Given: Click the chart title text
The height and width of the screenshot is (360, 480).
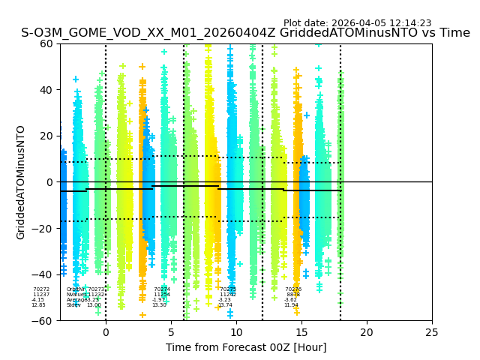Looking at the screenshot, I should click(x=245, y=33).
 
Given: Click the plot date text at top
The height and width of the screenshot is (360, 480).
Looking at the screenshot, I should click(x=357, y=23).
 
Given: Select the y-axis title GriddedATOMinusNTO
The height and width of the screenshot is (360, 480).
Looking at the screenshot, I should click(x=21, y=182).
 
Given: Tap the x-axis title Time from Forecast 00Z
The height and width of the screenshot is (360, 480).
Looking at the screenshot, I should click(x=246, y=347).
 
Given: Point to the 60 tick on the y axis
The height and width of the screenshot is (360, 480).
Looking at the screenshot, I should click(x=46, y=43).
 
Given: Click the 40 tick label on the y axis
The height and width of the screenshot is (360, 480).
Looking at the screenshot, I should click(x=46, y=90).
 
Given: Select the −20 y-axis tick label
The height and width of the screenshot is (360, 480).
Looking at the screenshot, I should click(x=43, y=229).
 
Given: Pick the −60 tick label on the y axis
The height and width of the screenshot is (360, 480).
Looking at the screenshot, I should click(x=43, y=321).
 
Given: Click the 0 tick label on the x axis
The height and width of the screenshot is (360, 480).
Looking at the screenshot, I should click(x=106, y=332).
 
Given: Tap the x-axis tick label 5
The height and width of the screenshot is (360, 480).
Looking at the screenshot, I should click(x=171, y=332).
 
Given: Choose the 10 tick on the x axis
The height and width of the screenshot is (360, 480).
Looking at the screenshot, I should click(x=236, y=332).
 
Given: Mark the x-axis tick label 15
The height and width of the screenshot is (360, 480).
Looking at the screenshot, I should click(x=301, y=332).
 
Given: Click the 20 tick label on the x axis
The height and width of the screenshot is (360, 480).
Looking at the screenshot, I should click(x=367, y=332).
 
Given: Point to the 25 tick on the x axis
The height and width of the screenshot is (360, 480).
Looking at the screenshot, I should click(x=432, y=332).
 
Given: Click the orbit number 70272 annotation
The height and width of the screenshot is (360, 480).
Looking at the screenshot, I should click(x=41, y=289).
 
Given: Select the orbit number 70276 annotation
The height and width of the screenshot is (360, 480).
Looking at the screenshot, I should click(x=293, y=289).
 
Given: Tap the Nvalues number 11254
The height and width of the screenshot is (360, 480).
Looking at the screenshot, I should click(x=162, y=295).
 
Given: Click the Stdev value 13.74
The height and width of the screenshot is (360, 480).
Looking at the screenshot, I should click(x=225, y=305).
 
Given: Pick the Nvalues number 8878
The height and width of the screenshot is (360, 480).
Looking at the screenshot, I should click(x=293, y=295).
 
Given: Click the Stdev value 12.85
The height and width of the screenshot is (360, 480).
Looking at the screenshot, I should click(x=38, y=305).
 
